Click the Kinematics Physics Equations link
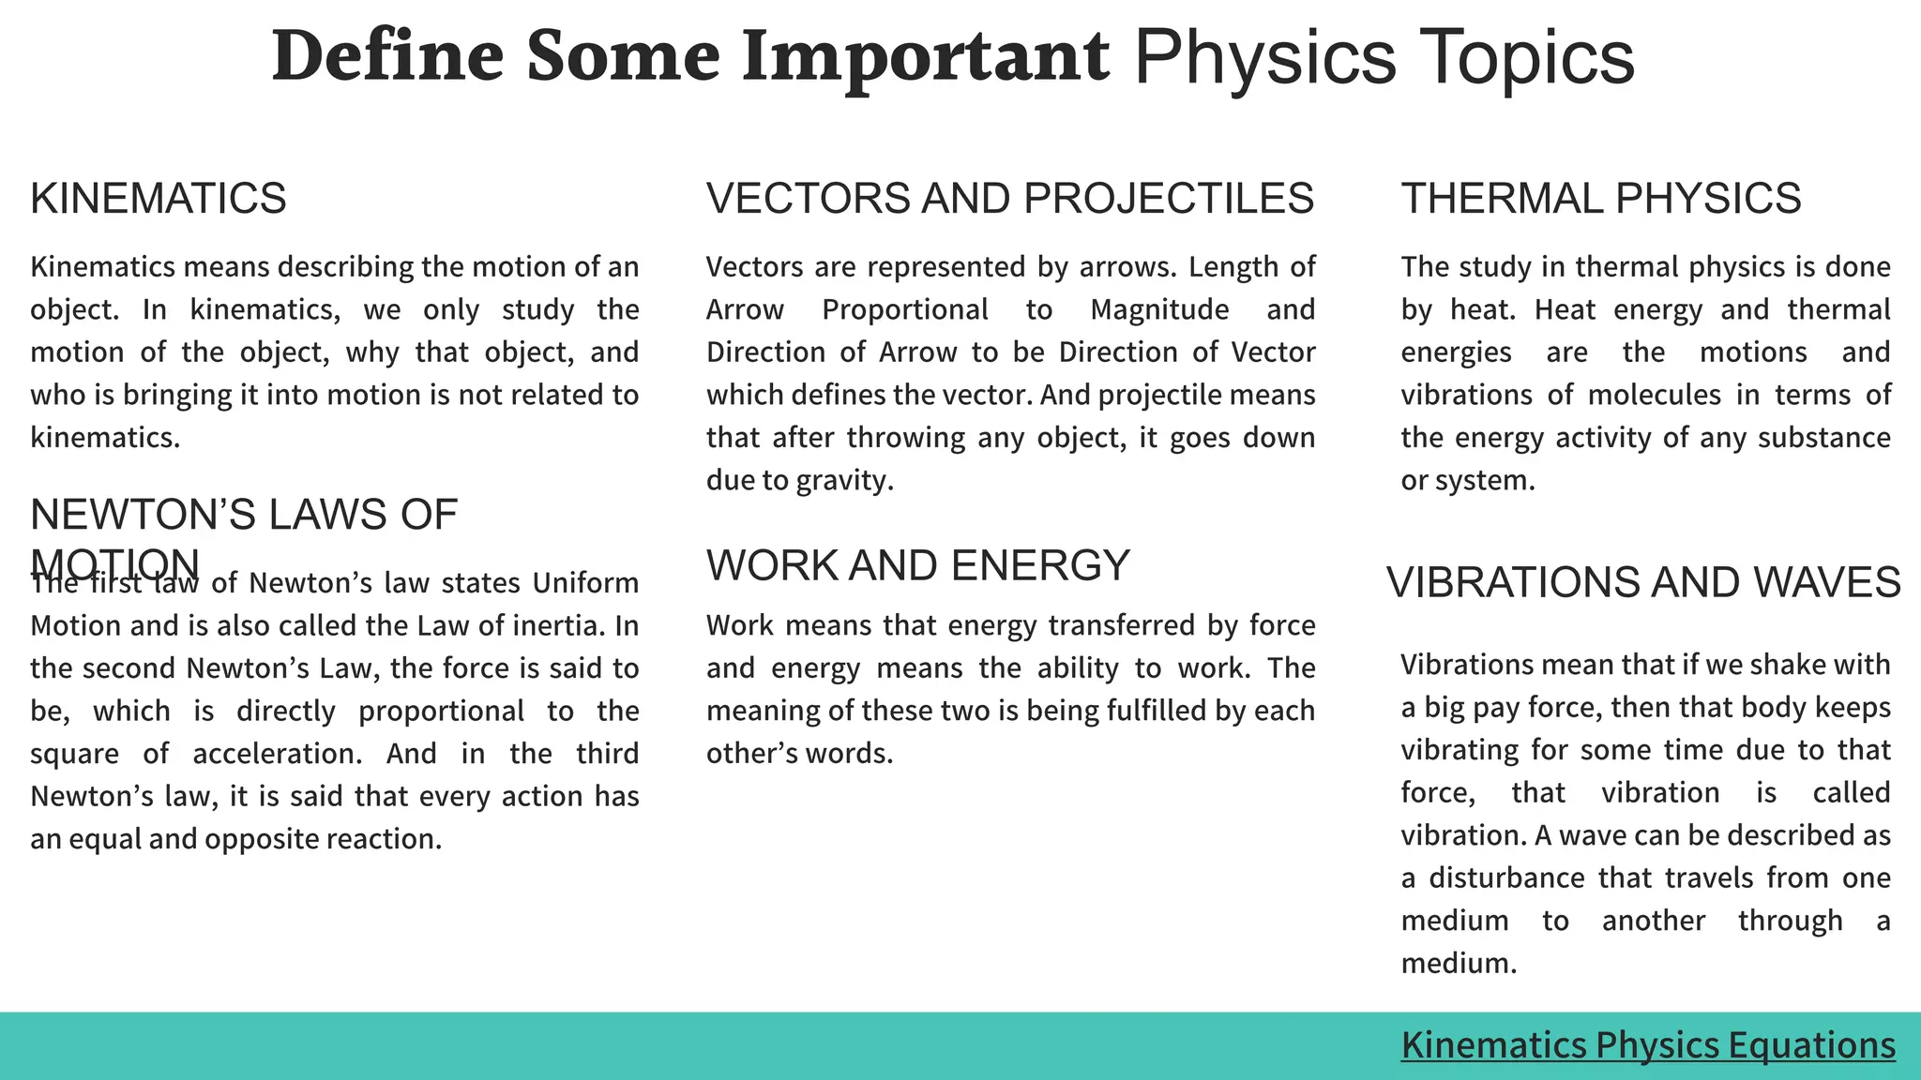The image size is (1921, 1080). (x=1648, y=1044)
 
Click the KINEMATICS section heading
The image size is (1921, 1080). (x=159, y=199)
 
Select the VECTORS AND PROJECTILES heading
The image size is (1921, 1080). (x=1010, y=199)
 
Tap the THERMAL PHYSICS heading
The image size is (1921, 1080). (x=1601, y=199)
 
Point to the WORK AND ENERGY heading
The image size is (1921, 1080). (x=918, y=566)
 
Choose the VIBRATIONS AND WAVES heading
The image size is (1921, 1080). (x=1643, y=583)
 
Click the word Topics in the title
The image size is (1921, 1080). (x=1526, y=56)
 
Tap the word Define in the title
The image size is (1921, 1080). (x=387, y=56)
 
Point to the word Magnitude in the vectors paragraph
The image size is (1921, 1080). (x=1159, y=309)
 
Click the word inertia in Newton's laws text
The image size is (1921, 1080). (x=564, y=625)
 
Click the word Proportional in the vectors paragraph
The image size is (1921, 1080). (x=905, y=309)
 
